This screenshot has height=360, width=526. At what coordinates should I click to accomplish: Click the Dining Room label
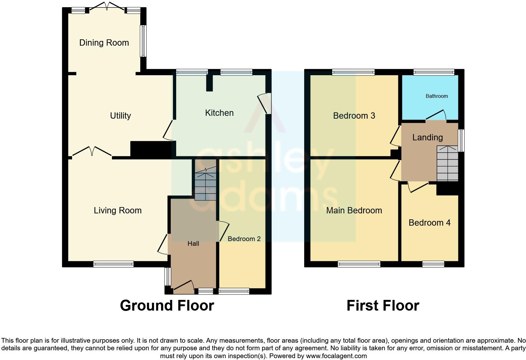click(104, 43)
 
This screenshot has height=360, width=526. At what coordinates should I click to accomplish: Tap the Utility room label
click(120, 116)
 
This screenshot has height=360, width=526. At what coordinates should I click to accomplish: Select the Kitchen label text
click(219, 113)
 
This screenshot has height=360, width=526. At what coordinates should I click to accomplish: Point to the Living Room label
click(117, 211)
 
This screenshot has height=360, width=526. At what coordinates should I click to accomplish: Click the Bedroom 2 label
click(244, 239)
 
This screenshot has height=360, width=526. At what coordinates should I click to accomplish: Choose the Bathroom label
click(436, 96)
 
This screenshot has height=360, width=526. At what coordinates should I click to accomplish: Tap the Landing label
click(427, 138)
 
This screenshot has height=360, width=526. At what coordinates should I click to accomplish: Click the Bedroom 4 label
click(429, 223)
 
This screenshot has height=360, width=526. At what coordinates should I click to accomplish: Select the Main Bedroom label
click(354, 211)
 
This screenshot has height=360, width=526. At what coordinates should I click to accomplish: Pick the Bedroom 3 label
click(354, 116)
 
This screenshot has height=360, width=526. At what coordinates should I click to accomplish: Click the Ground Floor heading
click(167, 306)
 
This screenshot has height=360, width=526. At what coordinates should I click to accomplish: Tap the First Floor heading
click(383, 306)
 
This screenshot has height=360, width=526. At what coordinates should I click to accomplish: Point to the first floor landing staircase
click(447, 164)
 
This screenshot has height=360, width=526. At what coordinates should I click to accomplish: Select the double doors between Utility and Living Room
click(92, 152)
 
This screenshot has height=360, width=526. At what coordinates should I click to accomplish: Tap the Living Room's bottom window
click(113, 264)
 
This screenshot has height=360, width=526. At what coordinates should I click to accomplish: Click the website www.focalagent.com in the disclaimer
click(336, 356)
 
